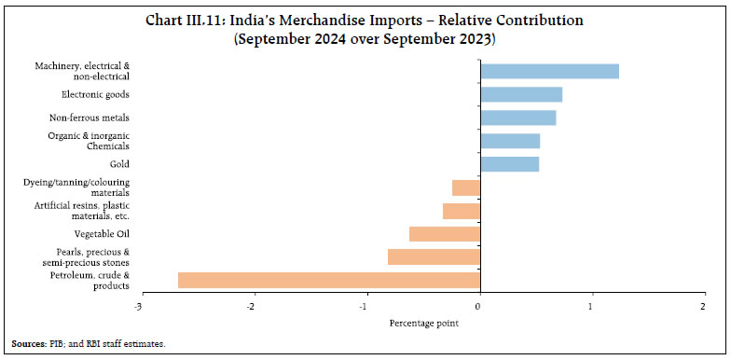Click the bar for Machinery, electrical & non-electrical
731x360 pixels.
(549, 71)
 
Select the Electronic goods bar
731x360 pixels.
(520, 94)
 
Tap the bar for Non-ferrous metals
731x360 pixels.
(517, 118)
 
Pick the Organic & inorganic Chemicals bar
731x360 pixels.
(509, 141)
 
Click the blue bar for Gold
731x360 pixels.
(509, 164)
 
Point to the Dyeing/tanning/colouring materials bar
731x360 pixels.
(465, 187)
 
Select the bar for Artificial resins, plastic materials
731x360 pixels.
(461, 211)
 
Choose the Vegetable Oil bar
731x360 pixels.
(444, 234)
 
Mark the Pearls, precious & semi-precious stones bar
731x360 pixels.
(434, 257)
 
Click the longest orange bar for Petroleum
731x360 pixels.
(328, 280)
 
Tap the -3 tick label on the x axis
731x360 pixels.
(138, 306)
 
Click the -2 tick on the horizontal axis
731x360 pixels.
(252, 306)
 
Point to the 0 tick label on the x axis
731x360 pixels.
(479, 306)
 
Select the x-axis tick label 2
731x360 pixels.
(703, 306)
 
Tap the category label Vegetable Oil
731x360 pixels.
(102, 234)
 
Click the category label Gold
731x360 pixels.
(119, 164)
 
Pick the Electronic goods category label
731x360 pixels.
(95, 94)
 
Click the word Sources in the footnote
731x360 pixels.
(27, 344)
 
